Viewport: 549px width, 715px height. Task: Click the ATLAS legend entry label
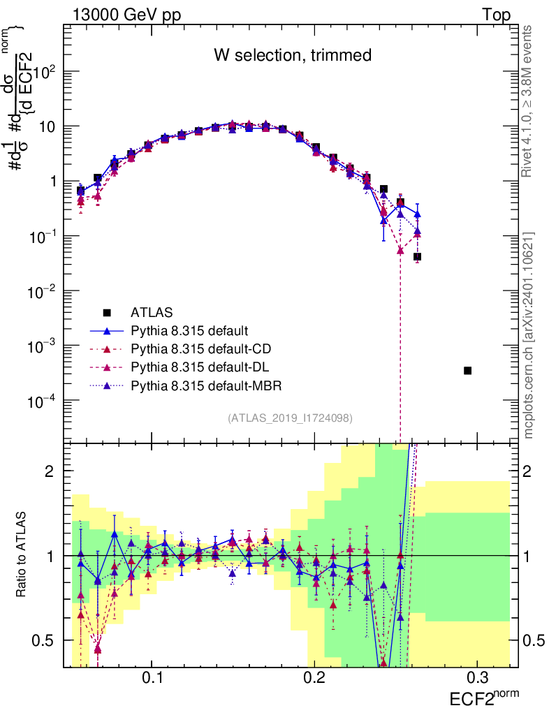point(151,312)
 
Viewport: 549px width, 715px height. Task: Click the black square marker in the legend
point(107,312)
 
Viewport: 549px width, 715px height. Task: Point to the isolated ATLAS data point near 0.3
point(467,370)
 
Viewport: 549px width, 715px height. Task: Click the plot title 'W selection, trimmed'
point(292,54)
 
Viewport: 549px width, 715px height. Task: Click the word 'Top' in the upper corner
point(495,15)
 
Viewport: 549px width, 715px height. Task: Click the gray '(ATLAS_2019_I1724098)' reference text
point(289,418)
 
